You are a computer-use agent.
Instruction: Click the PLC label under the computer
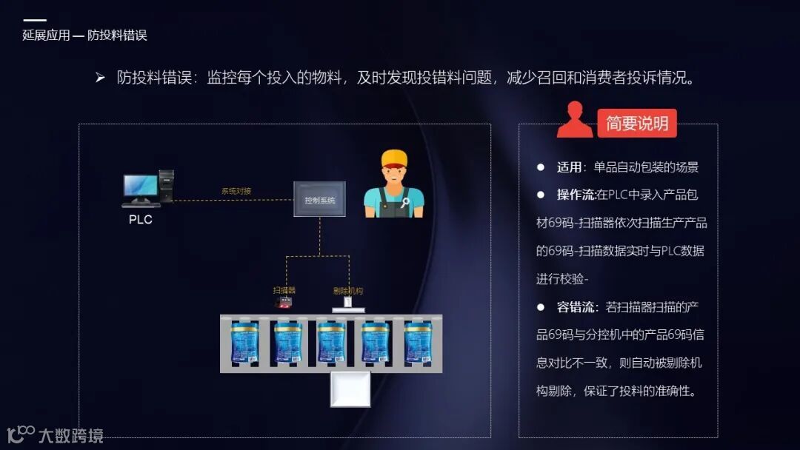(140, 220)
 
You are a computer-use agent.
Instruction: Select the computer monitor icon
(141, 189)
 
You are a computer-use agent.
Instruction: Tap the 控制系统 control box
(319, 199)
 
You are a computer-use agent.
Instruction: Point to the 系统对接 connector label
(236, 192)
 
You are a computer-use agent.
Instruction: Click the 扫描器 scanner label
(284, 291)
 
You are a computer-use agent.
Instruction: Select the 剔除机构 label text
(348, 291)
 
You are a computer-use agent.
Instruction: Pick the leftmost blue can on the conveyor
(244, 342)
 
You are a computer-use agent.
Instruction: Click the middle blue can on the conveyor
(331, 342)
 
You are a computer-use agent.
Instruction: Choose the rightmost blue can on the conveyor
(418, 342)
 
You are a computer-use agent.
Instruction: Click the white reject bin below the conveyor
(350, 389)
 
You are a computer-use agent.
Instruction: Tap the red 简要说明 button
(637, 124)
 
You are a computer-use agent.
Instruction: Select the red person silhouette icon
(574, 121)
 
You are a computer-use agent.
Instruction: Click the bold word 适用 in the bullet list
(569, 167)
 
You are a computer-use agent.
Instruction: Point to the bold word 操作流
(576, 195)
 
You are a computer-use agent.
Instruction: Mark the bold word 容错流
(576, 307)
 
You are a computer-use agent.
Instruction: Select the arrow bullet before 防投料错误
(100, 78)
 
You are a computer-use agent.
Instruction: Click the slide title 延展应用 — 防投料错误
(84, 36)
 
